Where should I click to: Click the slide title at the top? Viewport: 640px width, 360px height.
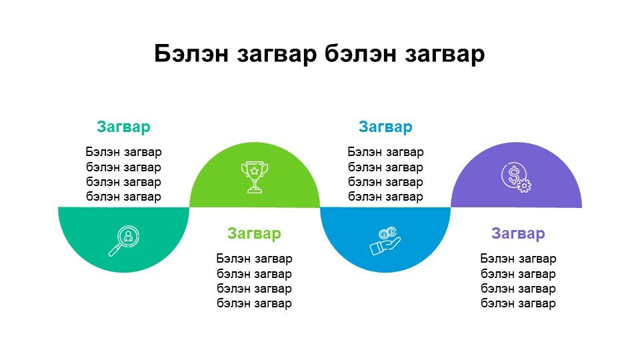[319, 54]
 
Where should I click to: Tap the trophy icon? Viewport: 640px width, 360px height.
[255, 177]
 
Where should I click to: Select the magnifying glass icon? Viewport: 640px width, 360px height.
[124, 241]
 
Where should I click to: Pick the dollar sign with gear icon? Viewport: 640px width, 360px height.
[516, 177]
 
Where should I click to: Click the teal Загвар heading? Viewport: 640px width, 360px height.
[124, 127]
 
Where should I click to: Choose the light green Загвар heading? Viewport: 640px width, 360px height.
[254, 233]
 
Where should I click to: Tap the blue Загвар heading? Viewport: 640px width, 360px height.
[385, 127]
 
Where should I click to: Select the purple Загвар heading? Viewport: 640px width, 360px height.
[518, 233]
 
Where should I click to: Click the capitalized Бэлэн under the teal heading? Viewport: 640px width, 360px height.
[103, 152]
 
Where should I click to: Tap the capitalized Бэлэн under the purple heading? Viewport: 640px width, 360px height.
[497, 259]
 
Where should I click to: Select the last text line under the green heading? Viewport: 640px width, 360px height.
[254, 303]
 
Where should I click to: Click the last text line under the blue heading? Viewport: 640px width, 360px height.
[385, 197]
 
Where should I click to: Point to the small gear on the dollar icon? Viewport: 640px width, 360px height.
[524, 186]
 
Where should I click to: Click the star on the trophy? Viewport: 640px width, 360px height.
[254, 170]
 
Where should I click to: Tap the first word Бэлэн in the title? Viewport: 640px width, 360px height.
[191, 53]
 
